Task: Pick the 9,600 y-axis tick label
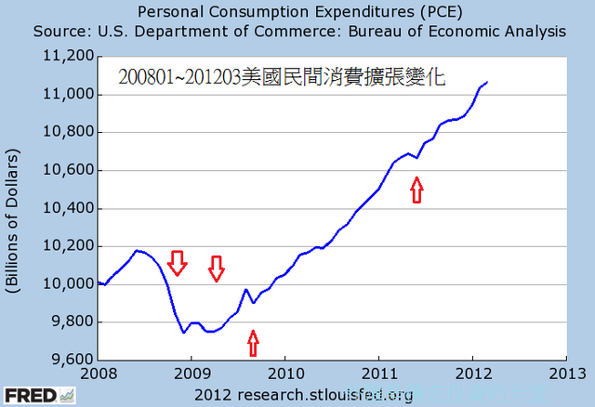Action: (x=69, y=360)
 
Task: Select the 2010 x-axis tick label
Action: (x=284, y=374)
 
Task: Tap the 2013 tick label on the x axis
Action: (x=566, y=374)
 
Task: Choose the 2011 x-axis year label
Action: (x=378, y=374)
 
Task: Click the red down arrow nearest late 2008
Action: (x=178, y=263)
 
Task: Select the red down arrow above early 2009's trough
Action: (x=217, y=268)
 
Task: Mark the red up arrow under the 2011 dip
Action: (x=416, y=190)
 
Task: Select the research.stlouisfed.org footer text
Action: (x=304, y=396)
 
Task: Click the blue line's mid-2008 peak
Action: (x=138, y=250)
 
